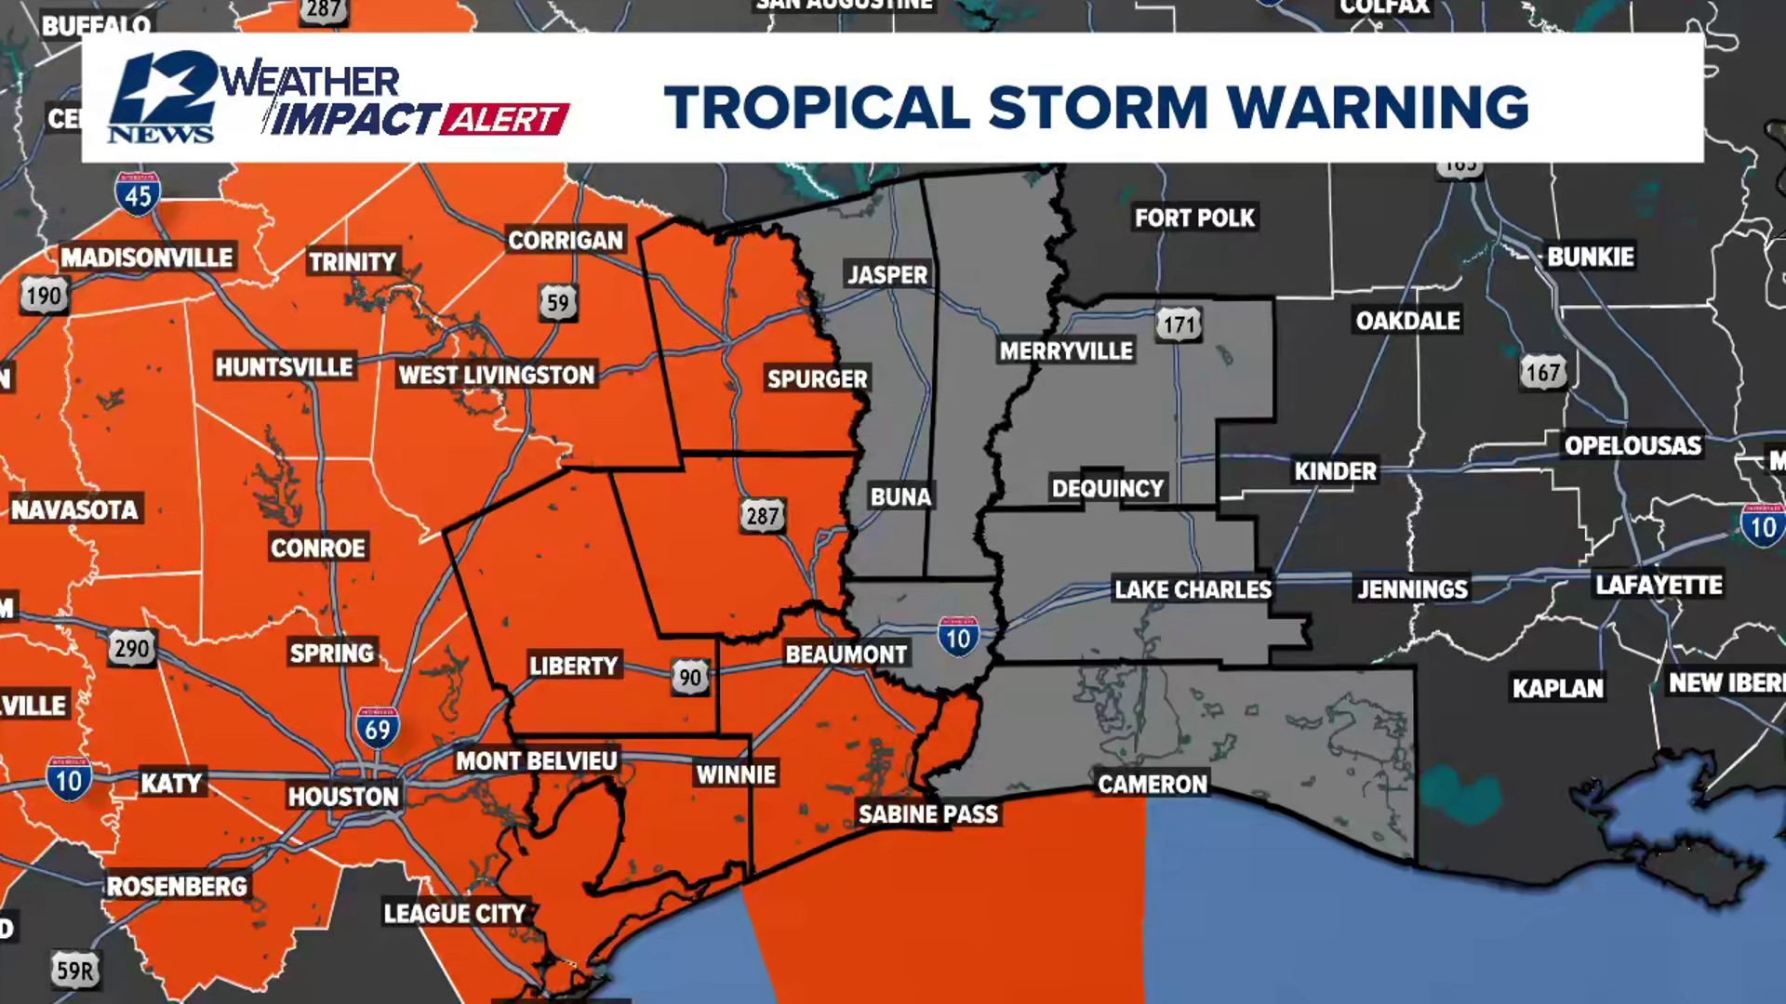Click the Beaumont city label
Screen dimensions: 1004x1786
point(846,654)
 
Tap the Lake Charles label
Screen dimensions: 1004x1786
point(1193,589)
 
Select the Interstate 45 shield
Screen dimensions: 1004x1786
point(138,193)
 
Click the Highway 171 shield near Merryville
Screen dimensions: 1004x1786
point(1179,324)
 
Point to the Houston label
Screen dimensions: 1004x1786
point(343,797)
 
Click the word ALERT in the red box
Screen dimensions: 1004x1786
point(504,119)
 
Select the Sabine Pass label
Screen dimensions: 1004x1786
point(927,814)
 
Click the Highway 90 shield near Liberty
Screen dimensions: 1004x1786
point(690,678)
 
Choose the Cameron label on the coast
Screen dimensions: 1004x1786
point(1153,785)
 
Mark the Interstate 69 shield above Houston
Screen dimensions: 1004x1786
point(378,729)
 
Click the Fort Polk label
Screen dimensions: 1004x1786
point(1194,218)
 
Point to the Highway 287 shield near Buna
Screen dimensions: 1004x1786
point(762,516)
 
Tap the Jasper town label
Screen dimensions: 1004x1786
point(887,275)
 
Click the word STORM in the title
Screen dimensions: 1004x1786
point(1098,107)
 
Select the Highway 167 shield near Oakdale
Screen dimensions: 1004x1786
point(1542,374)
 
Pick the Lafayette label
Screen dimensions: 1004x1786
point(1659,586)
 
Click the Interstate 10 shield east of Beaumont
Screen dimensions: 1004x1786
point(958,638)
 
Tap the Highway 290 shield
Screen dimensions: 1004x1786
point(131,648)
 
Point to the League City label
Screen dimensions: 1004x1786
point(455,914)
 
